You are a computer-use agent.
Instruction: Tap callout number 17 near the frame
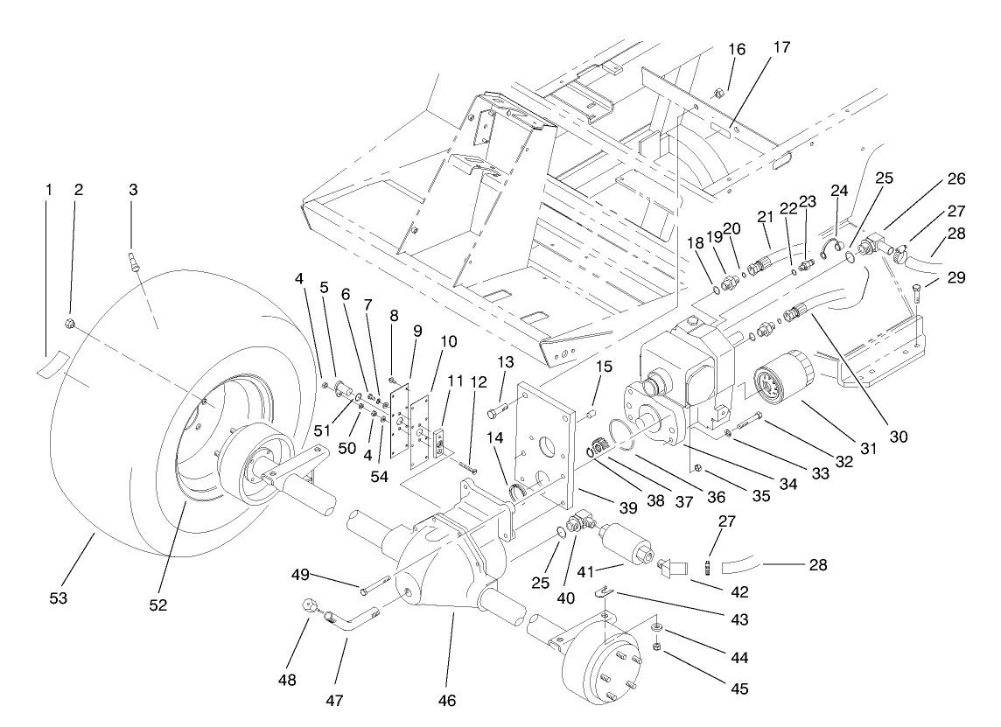point(780,47)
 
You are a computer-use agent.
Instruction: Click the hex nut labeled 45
point(655,647)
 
